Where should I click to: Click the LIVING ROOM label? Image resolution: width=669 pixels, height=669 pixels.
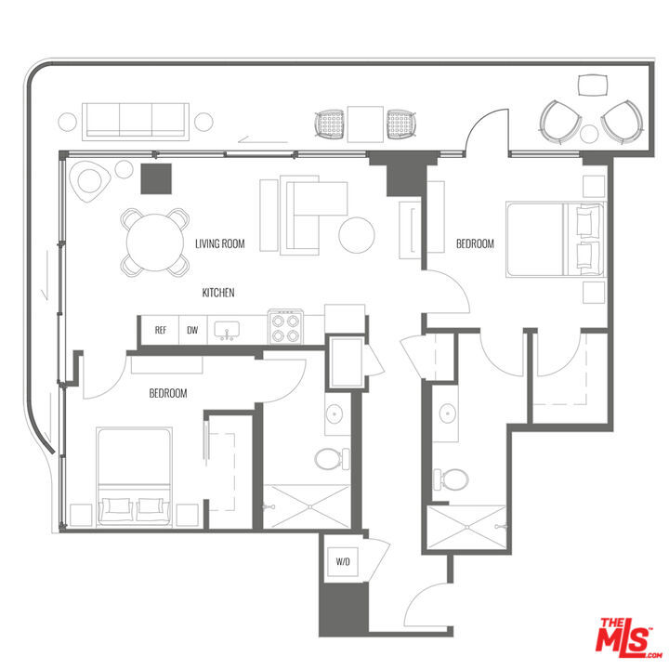[x=219, y=244]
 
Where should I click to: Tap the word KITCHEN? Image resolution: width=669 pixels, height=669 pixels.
[x=218, y=293]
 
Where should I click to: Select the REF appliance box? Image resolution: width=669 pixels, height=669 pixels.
[x=161, y=330]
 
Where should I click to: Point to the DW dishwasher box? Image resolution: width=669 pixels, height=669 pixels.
[x=192, y=330]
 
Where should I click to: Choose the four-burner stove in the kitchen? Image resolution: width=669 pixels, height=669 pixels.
[x=286, y=327]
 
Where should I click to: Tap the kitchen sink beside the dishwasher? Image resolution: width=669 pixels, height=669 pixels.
[x=227, y=330]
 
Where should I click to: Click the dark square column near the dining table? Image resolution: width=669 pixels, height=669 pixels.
[x=156, y=178]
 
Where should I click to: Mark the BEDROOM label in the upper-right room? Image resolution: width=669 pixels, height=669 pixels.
[x=475, y=244]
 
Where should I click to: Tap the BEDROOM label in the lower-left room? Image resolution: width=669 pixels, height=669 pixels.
[x=168, y=394]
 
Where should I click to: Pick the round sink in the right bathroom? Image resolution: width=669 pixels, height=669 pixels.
[x=448, y=413]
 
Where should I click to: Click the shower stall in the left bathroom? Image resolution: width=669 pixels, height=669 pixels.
[x=306, y=507]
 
